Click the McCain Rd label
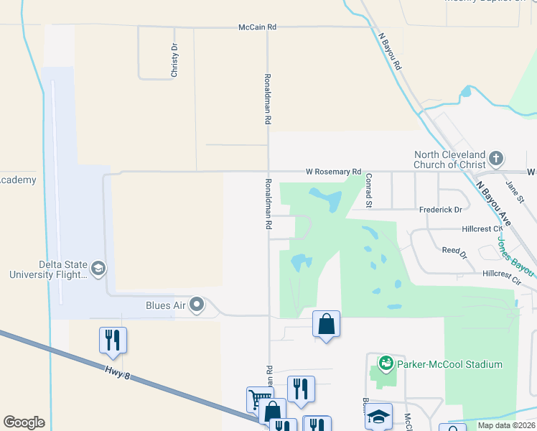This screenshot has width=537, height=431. [257, 27]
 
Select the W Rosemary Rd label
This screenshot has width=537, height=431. [333, 172]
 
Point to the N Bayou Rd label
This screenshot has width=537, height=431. [388, 50]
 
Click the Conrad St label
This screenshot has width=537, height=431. [368, 190]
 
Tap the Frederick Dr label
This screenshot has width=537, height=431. [440, 210]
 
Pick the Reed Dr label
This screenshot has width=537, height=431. [454, 252]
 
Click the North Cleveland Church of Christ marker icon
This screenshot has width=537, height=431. [495, 158]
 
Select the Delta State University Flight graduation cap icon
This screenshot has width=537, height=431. [98, 269]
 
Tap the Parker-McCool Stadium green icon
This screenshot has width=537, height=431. [386, 364]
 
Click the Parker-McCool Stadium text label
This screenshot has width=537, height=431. [450, 364]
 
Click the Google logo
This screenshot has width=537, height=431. [24, 422]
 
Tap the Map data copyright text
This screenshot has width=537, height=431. [505, 425]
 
